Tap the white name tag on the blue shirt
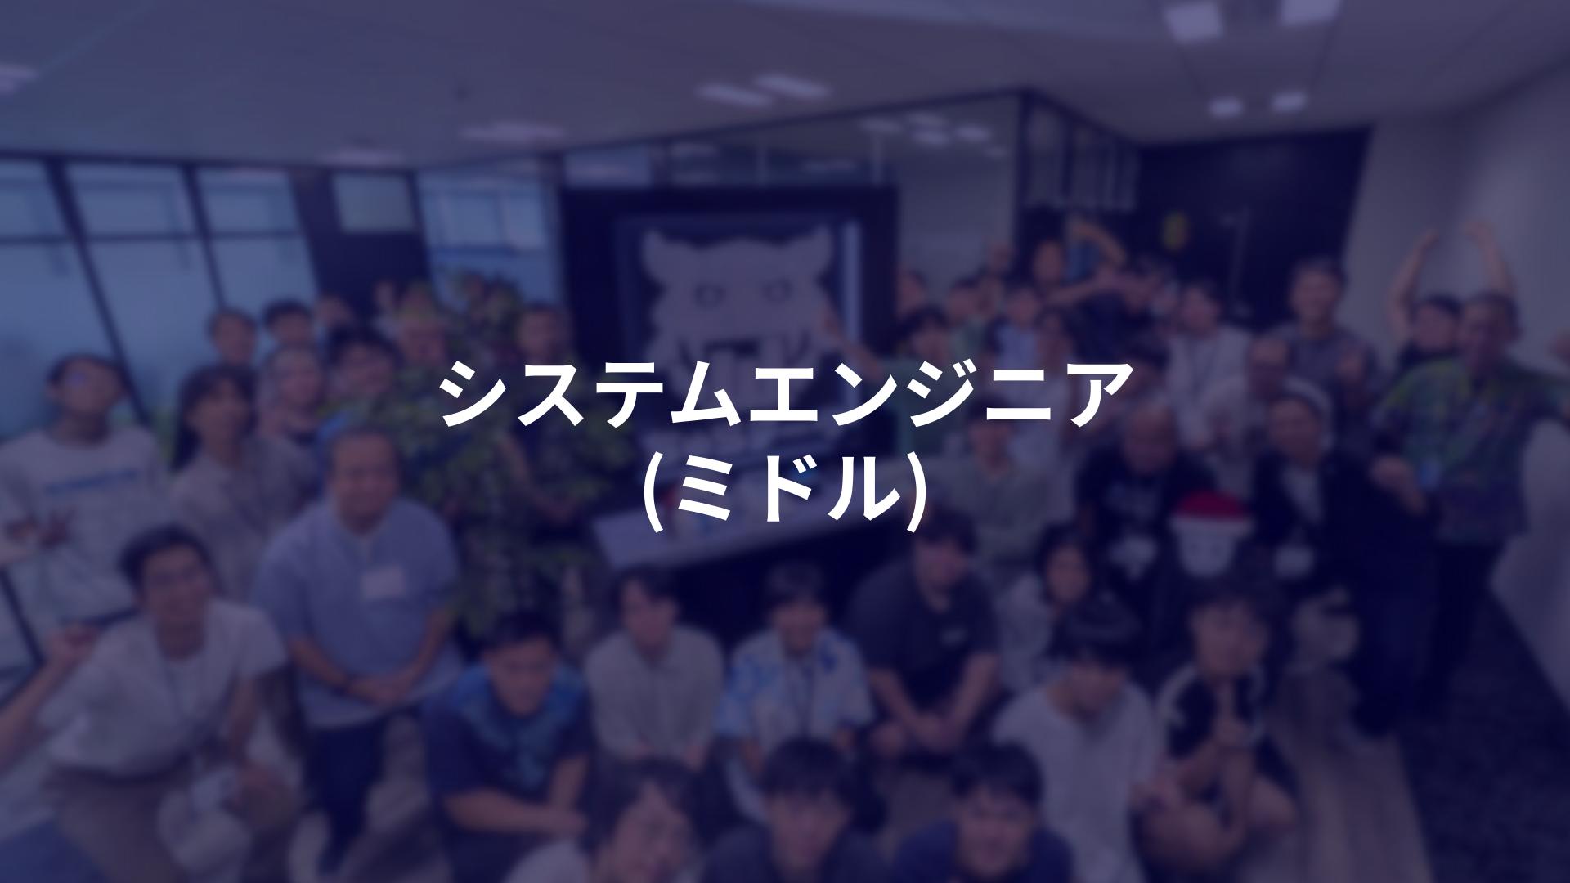[383, 581]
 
